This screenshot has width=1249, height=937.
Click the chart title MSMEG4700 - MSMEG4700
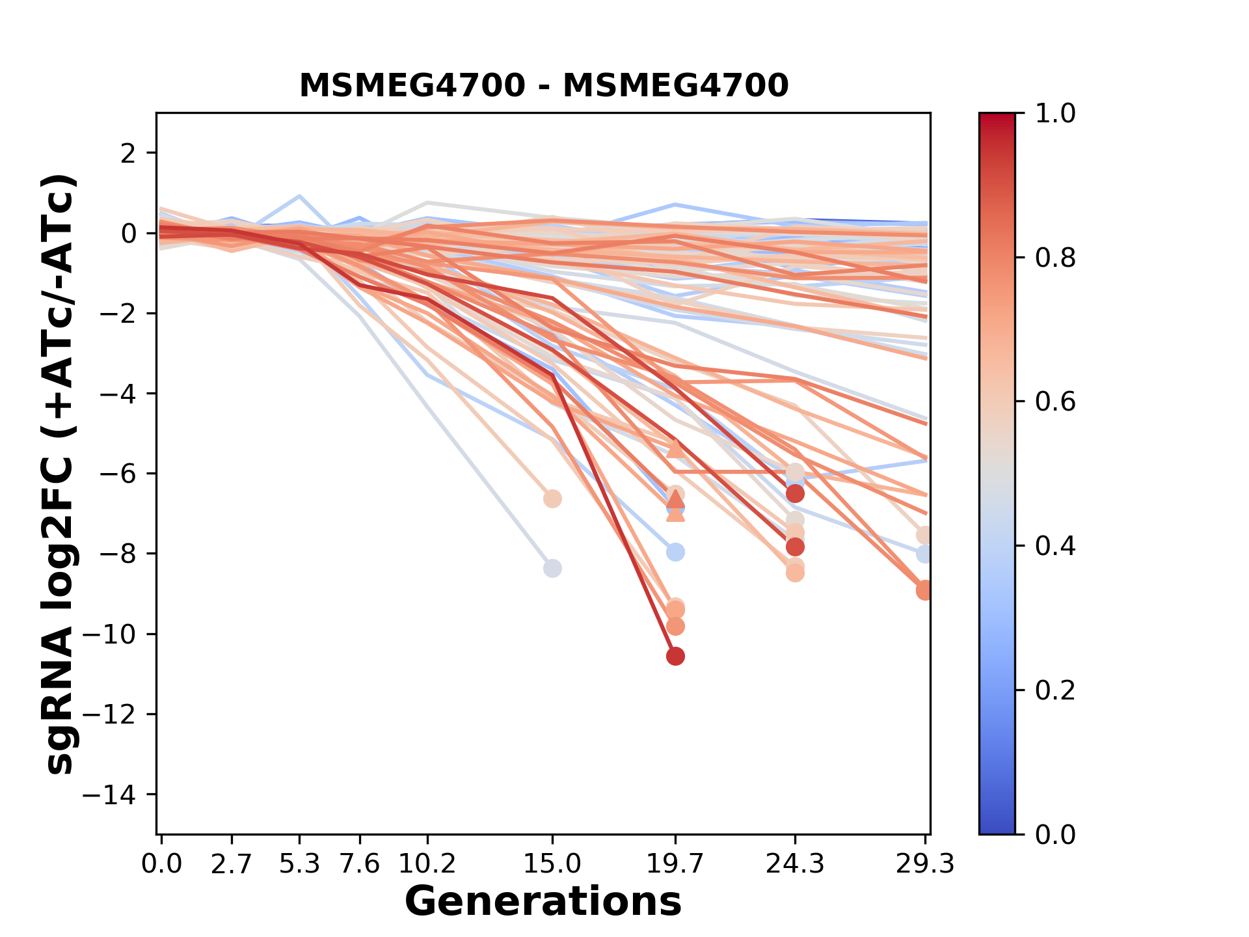544,86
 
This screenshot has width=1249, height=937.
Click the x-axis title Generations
543,902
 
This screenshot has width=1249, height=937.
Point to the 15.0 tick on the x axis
552,864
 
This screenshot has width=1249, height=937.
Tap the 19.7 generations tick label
675,864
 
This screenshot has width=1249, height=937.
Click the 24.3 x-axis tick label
794,864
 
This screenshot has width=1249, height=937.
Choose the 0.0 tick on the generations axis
161,864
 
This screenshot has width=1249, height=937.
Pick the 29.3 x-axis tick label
924,864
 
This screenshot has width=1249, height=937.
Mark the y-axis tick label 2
129,154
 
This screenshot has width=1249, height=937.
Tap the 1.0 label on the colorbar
1055,114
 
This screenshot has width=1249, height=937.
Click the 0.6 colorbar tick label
1055,402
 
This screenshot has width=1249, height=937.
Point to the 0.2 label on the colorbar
1055,690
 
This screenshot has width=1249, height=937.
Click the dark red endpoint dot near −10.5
675,657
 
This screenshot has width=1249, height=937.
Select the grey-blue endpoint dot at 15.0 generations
552,568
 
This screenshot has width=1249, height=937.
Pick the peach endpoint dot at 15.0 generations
552,499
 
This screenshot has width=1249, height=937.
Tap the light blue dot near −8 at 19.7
675,552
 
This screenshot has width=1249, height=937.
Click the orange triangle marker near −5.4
675,449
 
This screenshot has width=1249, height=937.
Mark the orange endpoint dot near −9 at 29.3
924,590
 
